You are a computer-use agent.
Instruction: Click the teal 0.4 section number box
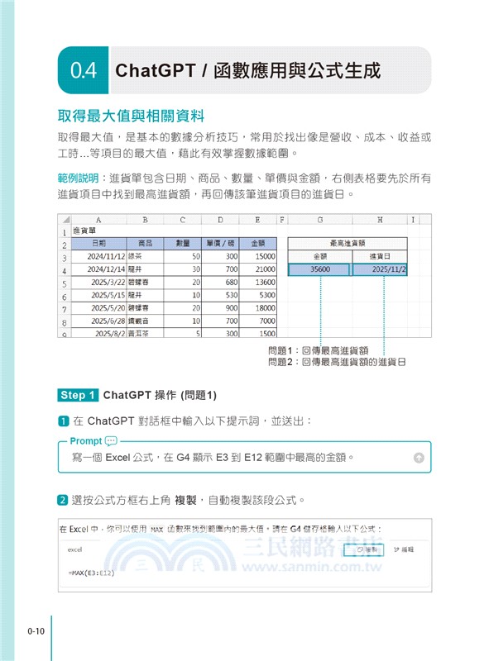[82, 70]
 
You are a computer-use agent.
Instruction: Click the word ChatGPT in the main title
[155, 70]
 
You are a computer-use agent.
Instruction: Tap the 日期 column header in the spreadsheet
[98, 243]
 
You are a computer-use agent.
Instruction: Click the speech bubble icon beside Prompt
[112, 441]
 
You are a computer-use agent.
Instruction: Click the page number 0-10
[35, 632]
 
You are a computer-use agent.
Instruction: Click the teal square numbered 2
[63, 500]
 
